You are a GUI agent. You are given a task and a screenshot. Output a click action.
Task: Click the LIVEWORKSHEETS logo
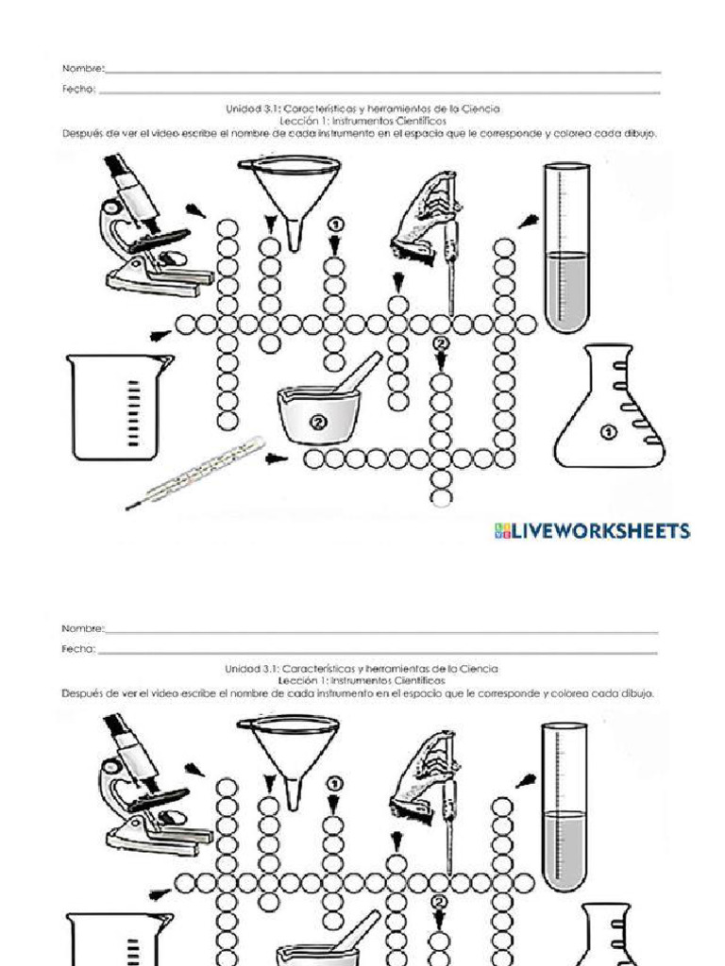pyautogui.click(x=593, y=531)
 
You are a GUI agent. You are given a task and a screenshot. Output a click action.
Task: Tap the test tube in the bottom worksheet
pyautogui.click(x=565, y=807)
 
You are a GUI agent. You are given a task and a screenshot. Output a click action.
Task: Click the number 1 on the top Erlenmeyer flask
pyautogui.click(x=608, y=432)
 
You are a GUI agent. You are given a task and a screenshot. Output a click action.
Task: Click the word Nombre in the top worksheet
pyautogui.click(x=83, y=69)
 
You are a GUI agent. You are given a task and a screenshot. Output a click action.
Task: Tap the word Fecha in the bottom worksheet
pyautogui.click(x=78, y=649)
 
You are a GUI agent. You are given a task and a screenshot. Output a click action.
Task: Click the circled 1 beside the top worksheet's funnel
pyautogui.click(x=334, y=225)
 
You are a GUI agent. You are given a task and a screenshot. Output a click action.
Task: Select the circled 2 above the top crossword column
pyautogui.click(x=440, y=343)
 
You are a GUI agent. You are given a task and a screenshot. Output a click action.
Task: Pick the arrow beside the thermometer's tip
pyautogui.click(x=275, y=459)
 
